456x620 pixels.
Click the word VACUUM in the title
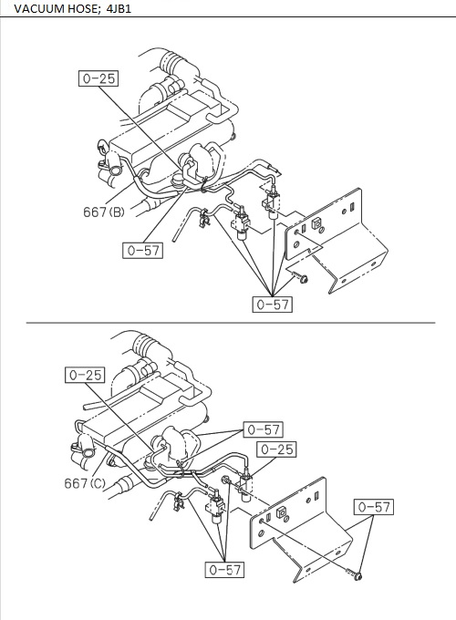click(x=35, y=8)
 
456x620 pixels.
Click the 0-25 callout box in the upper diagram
click(x=98, y=78)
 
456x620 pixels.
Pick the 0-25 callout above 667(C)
click(x=85, y=374)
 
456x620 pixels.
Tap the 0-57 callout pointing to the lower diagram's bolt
click(x=374, y=507)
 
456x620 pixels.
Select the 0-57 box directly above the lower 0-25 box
click(x=262, y=429)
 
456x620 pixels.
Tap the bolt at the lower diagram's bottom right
click(x=358, y=575)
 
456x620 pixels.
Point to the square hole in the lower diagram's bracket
click(x=281, y=512)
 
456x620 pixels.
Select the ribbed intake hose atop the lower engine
click(x=147, y=346)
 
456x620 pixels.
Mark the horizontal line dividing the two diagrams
click(x=228, y=322)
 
